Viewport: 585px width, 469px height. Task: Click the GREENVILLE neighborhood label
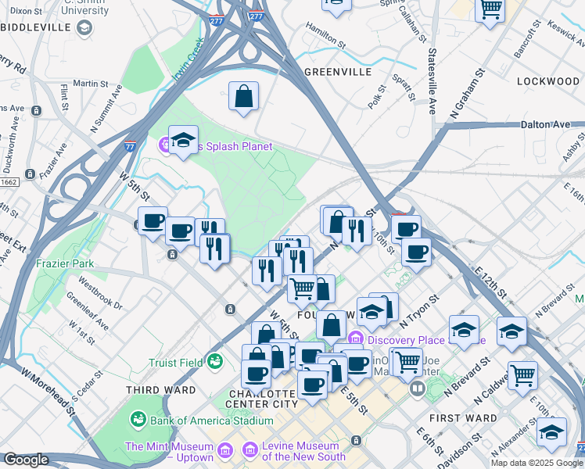pos(337,72)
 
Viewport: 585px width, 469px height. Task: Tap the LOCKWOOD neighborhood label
pos(547,81)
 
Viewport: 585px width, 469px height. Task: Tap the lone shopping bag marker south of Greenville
pos(243,97)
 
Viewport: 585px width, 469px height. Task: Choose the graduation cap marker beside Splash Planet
pos(183,141)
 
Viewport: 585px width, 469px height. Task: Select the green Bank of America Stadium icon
pos(138,421)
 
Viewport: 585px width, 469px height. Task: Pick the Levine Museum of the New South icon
pos(250,450)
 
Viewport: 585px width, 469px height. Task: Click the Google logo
pos(26,460)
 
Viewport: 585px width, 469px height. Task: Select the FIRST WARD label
pos(468,418)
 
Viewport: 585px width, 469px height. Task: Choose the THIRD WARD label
pos(161,389)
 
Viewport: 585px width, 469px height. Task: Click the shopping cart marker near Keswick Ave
pos(490,10)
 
